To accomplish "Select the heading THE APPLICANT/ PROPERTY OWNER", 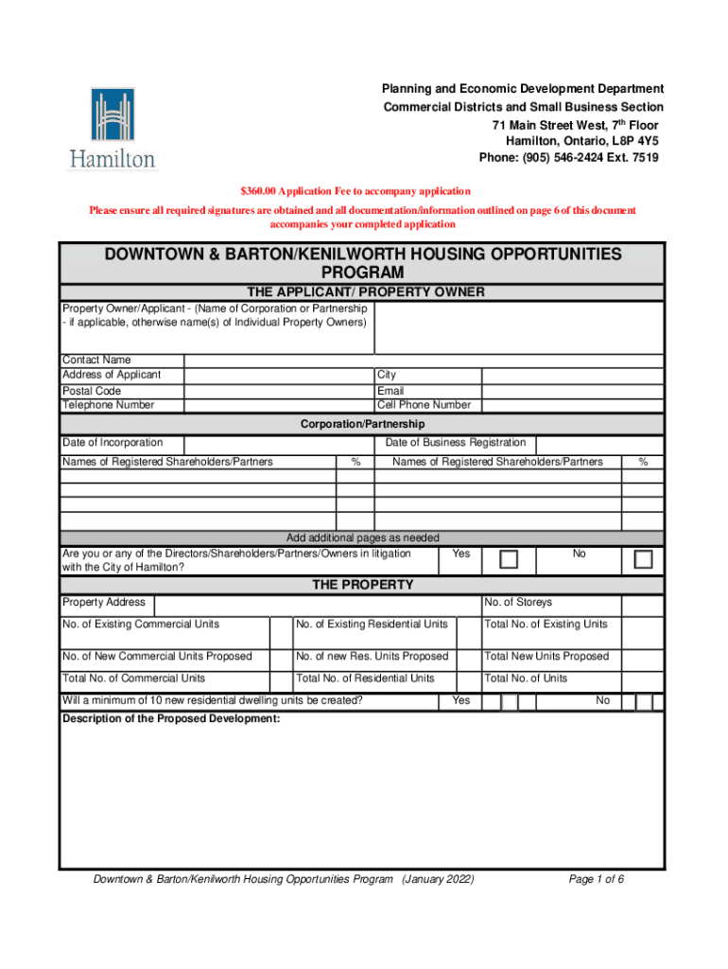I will (365, 291).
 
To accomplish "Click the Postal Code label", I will (92, 391).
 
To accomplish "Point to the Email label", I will (390, 391).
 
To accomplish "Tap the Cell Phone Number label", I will (424, 405).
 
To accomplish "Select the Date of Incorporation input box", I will (277, 443).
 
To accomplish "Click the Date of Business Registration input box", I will (598, 443).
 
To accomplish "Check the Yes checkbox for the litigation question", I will (509, 559).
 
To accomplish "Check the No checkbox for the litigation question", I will (643, 559).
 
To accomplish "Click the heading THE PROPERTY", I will (363, 585).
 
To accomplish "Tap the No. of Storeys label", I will (517, 603).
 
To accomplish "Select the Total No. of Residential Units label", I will (365, 678).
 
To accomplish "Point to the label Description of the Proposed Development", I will (171, 719).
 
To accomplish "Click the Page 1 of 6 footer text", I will (596, 879).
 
